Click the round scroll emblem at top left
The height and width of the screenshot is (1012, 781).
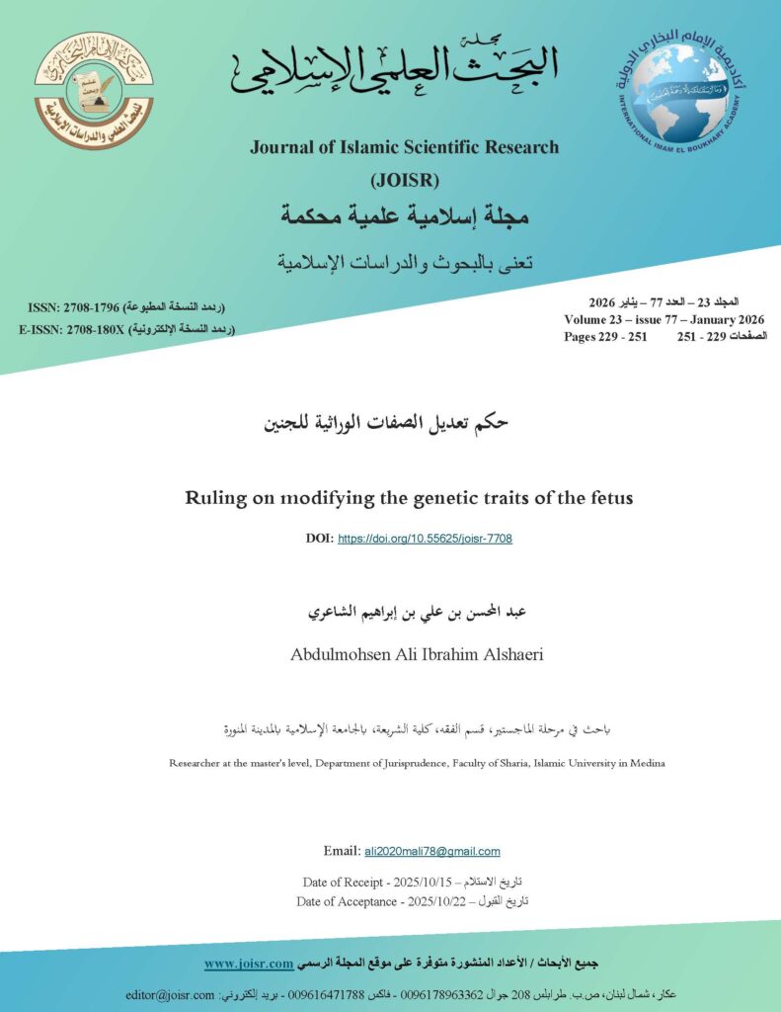coord(95,90)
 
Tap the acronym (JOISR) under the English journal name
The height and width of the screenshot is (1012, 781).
coord(404,180)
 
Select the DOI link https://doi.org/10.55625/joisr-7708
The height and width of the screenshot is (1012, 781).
coord(425,539)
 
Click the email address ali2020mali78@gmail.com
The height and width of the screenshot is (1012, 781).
coord(432,851)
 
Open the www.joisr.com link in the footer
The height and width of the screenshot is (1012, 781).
coord(249,963)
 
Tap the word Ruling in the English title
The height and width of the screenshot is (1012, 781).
coord(215,497)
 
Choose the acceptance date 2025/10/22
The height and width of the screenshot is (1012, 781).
coord(451,901)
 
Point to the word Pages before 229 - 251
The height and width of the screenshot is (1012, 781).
coord(585,336)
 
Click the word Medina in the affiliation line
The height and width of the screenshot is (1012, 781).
coord(646,763)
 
